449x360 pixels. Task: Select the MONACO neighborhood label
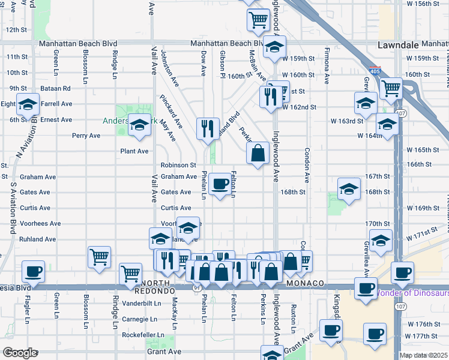tap(306, 283)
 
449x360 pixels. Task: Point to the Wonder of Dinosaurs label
tap(412, 293)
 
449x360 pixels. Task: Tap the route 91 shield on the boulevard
tap(197, 288)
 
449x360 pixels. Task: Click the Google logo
tap(19, 353)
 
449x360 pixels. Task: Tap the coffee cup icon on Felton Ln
tap(221, 184)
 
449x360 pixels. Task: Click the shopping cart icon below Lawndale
tap(391, 88)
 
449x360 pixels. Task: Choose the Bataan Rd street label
tap(57, 88)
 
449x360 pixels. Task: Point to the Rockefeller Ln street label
tap(143, 335)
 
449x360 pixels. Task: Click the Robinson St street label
tap(178, 165)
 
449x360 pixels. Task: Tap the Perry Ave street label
tap(86, 136)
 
